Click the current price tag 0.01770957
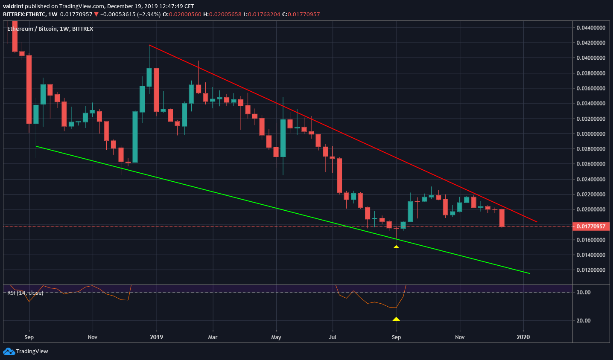pos(591,226)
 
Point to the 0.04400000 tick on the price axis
pos(591,28)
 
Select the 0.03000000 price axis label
pos(591,134)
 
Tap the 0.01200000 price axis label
pos(591,270)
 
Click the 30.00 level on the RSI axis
pos(584,292)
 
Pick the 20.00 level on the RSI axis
pos(584,320)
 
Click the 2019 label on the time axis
pos(157,337)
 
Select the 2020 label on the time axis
pos(523,337)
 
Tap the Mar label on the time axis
pos(213,337)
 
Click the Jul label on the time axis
pos(333,337)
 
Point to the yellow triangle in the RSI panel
pos(396,319)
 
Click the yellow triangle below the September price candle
pos(396,247)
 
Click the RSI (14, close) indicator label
pos(25,293)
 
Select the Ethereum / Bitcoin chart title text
pos(50,29)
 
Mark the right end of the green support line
pos(530,273)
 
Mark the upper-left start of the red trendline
pos(149,45)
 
